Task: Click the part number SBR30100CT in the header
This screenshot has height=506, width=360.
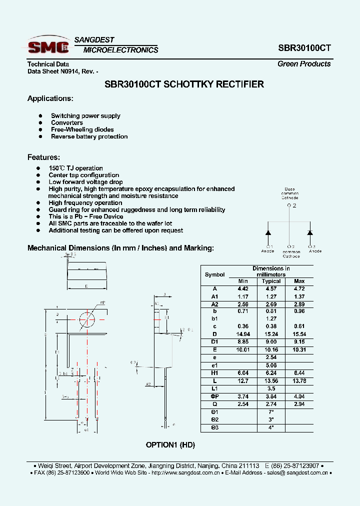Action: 304,48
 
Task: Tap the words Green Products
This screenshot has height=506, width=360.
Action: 304,64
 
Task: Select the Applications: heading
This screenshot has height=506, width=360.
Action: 50,98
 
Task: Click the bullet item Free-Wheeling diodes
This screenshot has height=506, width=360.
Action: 82,129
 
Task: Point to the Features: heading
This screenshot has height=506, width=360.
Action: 43,157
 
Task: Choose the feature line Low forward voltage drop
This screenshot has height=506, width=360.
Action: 85,182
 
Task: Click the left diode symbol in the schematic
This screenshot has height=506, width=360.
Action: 268,233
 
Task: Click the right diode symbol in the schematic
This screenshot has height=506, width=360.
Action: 310,233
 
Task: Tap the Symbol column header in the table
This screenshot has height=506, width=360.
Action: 215,274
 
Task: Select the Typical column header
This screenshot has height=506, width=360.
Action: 271,281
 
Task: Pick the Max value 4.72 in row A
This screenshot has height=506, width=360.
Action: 299,288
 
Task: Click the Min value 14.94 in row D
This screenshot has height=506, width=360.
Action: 243,333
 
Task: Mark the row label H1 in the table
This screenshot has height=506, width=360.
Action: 215,373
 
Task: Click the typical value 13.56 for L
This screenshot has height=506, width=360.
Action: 271,380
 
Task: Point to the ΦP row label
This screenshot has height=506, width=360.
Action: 215,396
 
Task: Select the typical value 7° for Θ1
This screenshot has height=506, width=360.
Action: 271,411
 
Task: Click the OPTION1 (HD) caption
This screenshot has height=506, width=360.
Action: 170,444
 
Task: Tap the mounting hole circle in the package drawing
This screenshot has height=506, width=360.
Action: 87,318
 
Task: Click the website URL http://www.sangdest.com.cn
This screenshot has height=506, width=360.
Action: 185,472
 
